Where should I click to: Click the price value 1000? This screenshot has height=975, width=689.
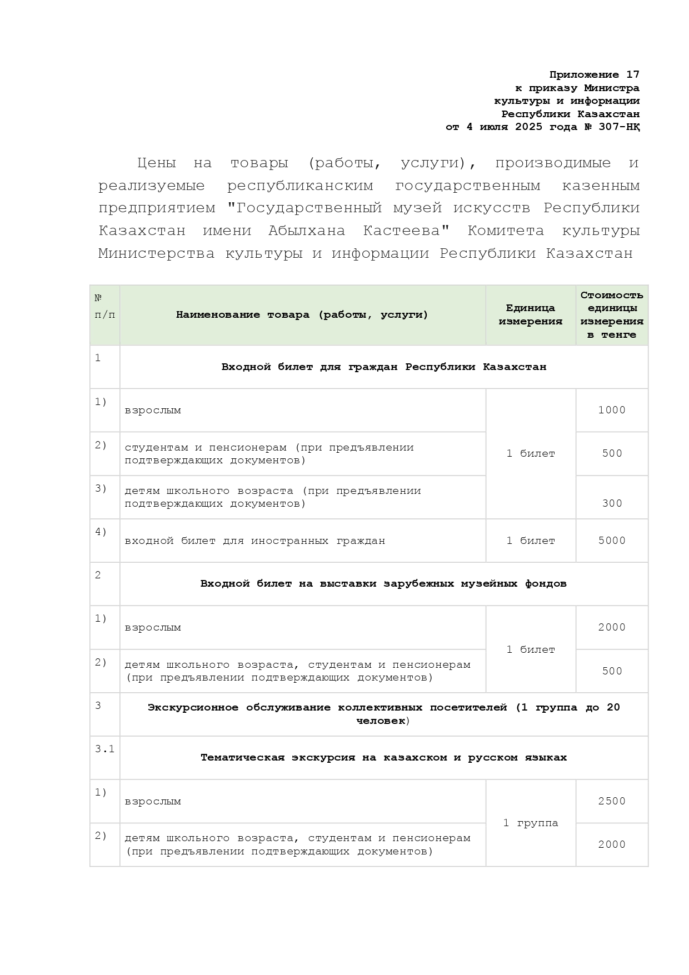(612, 410)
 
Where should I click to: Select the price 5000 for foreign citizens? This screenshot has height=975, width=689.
(612, 541)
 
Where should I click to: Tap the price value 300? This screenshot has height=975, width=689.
(612, 503)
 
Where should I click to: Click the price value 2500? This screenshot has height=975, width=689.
(612, 801)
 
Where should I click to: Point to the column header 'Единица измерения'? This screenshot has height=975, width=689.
(530, 314)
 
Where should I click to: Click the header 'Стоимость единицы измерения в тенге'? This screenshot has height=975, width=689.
(612, 314)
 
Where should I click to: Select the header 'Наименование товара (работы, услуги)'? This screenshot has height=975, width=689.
(302, 315)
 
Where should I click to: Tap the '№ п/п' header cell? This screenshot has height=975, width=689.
(104, 307)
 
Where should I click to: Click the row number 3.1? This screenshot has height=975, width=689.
(104, 749)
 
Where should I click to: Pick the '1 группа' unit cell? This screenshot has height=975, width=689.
(530, 823)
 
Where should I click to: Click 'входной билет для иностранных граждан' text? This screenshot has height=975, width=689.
(254, 541)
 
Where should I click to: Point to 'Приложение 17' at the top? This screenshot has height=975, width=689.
(594, 74)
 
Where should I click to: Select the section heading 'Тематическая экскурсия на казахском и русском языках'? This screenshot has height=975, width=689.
(383, 758)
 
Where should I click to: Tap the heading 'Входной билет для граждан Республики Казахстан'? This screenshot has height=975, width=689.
(383, 367)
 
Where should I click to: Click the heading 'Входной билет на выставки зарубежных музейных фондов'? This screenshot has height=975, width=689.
(383, 583)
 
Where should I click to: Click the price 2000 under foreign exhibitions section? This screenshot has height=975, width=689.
(612, 627)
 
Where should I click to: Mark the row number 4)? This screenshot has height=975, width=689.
(101, 532)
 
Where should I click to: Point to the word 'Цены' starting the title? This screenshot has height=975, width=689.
(157, 163)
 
